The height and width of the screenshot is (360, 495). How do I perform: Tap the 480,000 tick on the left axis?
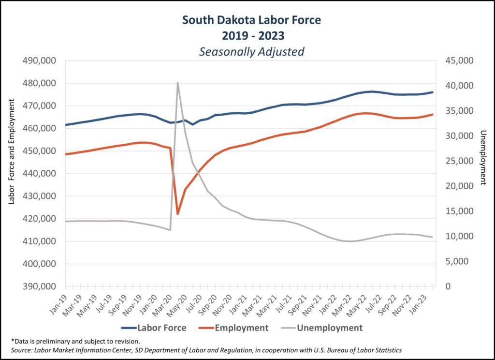[x=40, y=83]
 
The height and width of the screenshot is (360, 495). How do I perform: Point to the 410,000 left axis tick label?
[x=40, y=241]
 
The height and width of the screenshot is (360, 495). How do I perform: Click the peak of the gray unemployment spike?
[x=177, y=82]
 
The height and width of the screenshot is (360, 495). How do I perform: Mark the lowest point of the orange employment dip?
[x=178, y=213]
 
